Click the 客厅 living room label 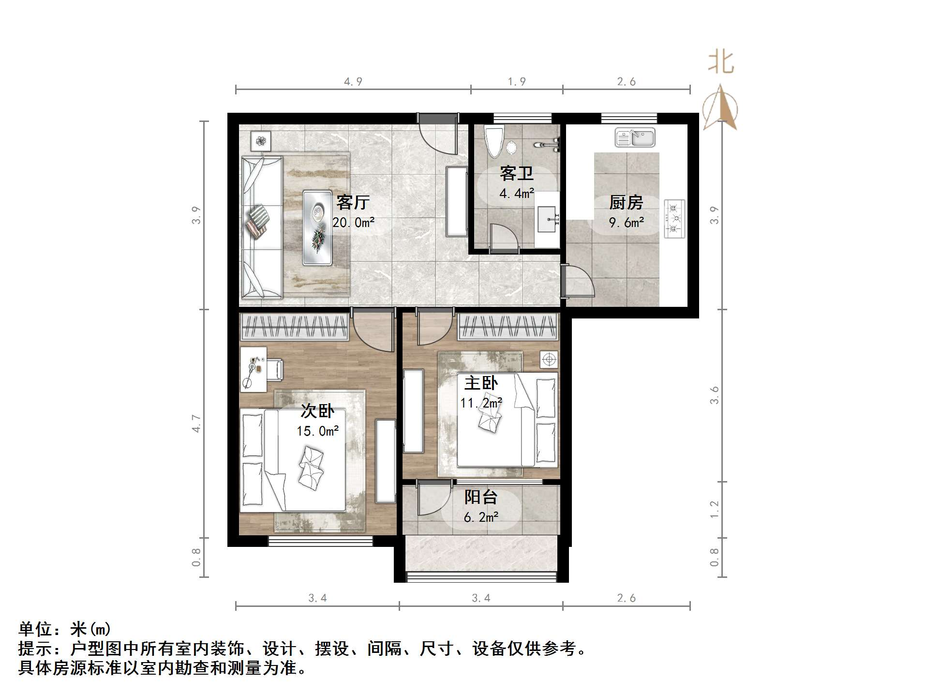(353, 202)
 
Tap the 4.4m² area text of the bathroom (517, 194)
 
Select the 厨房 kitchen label (626, 202)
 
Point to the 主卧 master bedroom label (481, 383)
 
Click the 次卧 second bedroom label (317, 411)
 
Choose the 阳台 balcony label (481, 497)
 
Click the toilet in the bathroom (494, 141)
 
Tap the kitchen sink (635, 137)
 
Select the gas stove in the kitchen (674, 219)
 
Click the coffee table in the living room (317, 227)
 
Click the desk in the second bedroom (253, 369)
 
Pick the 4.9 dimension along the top (353, 82)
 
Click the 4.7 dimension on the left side (196, 423)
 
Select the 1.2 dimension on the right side (715, 509)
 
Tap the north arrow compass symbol (720, 108)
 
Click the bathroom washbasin (549, 219)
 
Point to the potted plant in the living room (261, 141)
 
